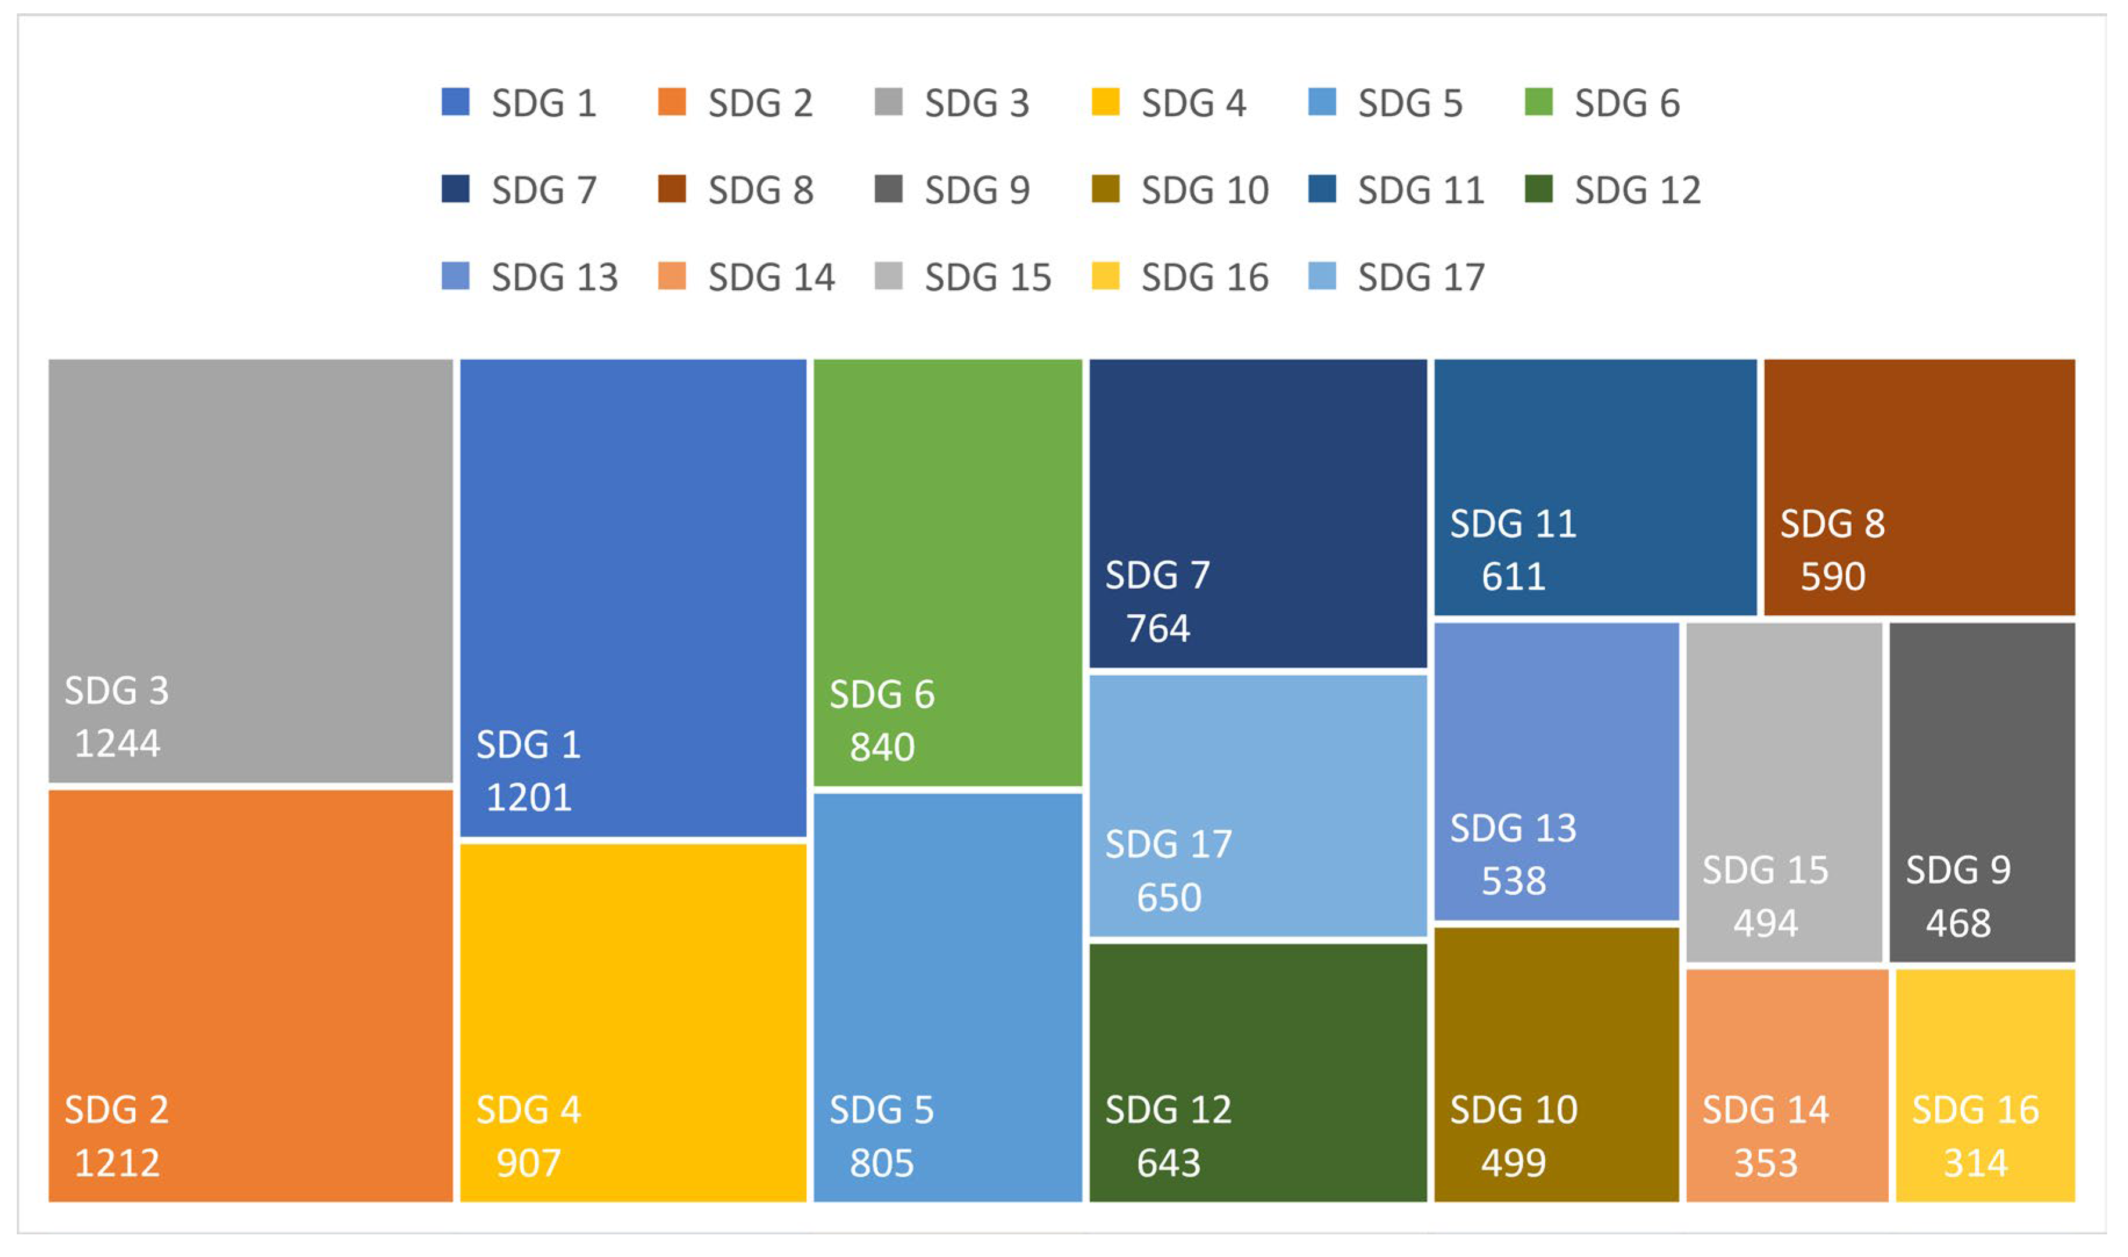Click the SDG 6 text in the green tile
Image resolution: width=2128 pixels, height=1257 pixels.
(882, 694)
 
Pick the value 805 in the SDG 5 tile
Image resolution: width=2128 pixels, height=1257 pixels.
(882, 1163)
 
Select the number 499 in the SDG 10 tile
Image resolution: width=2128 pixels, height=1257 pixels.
(1513, 1163)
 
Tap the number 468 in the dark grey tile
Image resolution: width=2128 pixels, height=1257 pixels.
(1958, 923)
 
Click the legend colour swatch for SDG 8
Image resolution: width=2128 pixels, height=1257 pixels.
(672, 189)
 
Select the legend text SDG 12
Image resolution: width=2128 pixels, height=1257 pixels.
(1637, 190)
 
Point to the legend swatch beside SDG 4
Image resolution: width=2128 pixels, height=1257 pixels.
(1105, 102)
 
